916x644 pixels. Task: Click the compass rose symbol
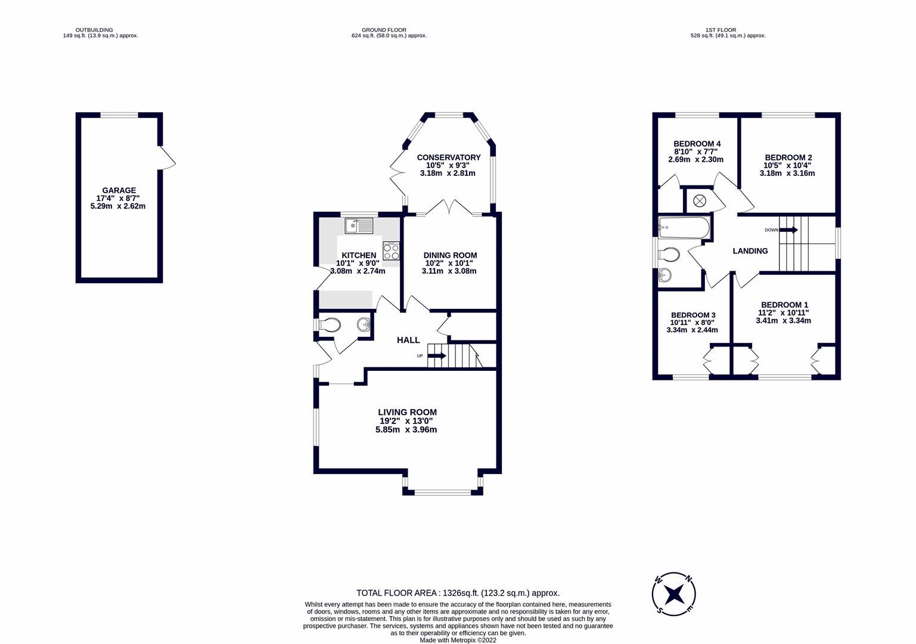674,593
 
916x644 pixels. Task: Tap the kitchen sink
358,225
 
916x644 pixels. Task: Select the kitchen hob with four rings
391,250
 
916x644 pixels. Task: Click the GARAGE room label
119,190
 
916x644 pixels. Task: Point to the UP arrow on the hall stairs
436,356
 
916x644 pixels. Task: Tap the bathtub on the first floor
684,227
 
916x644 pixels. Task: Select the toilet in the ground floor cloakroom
328,325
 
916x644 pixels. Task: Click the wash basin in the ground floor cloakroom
364,324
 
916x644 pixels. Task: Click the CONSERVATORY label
448,157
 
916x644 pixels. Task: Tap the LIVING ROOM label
407,412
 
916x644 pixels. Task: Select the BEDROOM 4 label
697,144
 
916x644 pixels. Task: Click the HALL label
408,340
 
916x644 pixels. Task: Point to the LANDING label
750,251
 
